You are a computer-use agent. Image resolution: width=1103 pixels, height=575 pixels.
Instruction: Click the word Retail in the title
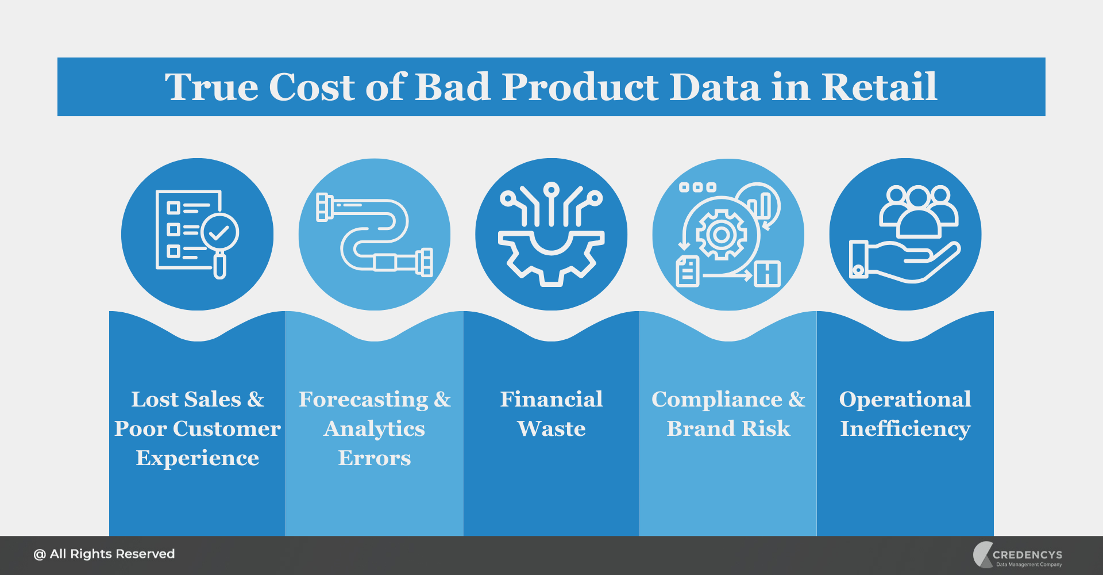pyautogui.click(x=880, y=87)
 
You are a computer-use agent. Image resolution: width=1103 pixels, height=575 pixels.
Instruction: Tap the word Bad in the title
pyautogui.click(x=452, y=87)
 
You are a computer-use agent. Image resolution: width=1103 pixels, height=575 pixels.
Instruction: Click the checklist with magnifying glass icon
pyautogui.click(x=197, y=234)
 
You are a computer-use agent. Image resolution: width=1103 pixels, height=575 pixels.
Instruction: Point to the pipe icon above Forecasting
pyautogui.click(x=375, y=234)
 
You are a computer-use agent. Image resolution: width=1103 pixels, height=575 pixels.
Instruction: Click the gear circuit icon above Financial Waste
pyautogui.click(x=551, y=234)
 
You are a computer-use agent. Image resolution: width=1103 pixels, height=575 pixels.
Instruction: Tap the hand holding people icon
pyautogui.click(x=905, y=234)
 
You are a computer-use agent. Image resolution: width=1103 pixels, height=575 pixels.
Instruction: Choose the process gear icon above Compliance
pyautogui.click(x=728, y=234)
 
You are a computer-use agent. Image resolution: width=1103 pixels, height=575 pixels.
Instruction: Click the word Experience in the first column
pyautogui.click(x=197, y=458)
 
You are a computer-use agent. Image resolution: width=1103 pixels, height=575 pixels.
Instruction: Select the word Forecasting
pyautogui.click(x=364, y=400)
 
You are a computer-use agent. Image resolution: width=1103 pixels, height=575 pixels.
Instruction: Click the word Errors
pyautogui.click(x=375, y=458)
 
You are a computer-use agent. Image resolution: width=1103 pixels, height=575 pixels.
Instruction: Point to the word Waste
pyautogui.click(x=551, y=429)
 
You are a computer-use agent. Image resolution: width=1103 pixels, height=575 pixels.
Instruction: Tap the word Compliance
pyautogui.click(x=717, y=400)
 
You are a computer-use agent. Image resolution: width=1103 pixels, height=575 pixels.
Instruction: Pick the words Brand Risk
pyautogui.click(x=728, y=429)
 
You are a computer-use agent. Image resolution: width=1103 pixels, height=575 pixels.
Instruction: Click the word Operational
pyautogui.click(x=905, y=400)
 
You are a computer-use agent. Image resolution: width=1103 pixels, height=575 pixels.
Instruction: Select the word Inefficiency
pyautogui.click(x=905, y=429)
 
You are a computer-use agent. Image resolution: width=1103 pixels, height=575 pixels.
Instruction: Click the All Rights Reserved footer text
pyautogui.click(x=104, y=554)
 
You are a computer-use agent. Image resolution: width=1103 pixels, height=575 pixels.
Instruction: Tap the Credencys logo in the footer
pyautogui.click(x=1017, y=555)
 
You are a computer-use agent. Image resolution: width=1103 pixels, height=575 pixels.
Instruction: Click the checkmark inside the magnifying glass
pyautogui.click(x=219, y=232)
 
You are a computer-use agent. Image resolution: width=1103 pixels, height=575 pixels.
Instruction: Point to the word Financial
pyautogui.click(x=551, y=400)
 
